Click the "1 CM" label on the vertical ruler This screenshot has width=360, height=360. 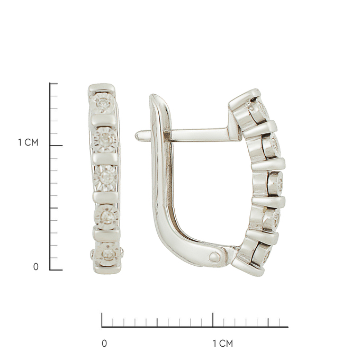[28, 142]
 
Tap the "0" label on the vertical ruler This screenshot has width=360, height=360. [36, 267]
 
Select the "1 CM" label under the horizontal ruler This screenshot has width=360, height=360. [223, 344]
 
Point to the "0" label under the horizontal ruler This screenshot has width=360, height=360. [104, 344]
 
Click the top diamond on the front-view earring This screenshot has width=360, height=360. [102, 103]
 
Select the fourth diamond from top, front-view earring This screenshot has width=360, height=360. [106, 215]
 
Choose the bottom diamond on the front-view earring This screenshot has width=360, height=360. [107, 254]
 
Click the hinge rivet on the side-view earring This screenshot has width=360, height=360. [214, 256]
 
